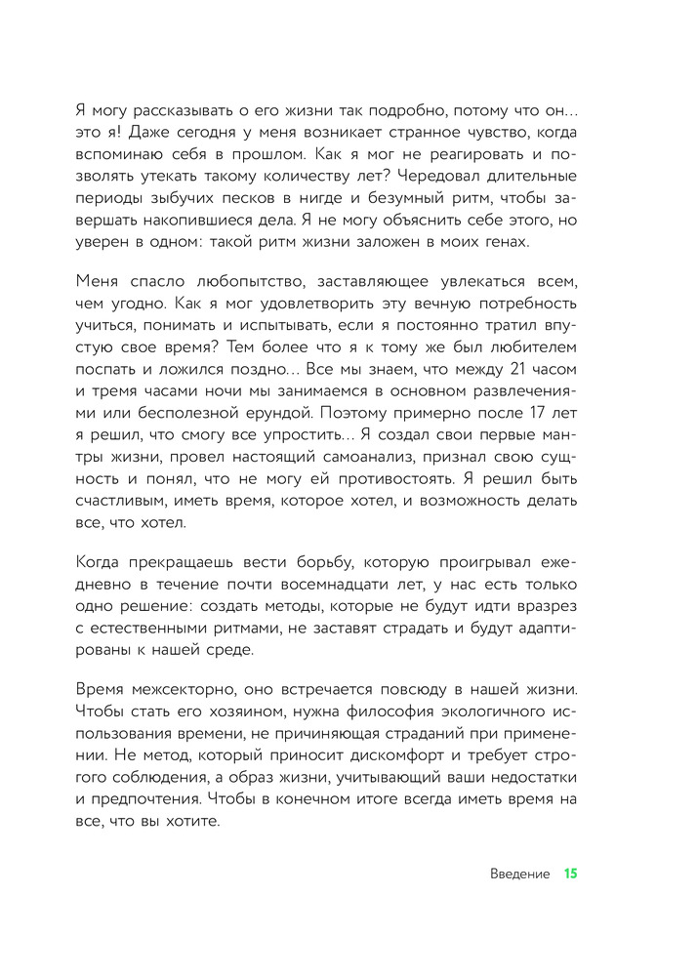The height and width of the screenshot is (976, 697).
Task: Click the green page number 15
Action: (571, 874)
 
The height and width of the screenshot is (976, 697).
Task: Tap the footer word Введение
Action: (519, 874)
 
